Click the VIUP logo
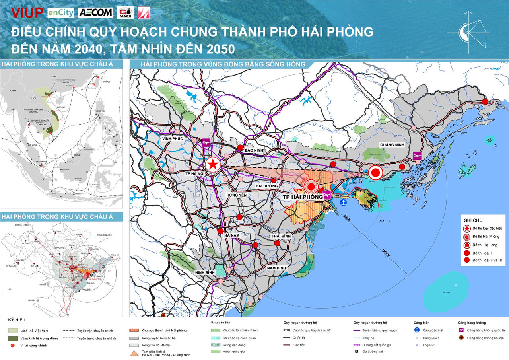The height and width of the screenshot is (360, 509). pos(27,12)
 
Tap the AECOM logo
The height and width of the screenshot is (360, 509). pos(95,12)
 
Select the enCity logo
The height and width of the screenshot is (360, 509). pos(60,13)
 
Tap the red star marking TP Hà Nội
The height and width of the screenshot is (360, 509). pos(213,164)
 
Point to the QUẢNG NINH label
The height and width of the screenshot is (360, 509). pos(392,145)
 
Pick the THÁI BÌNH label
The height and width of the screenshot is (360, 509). pos(281,236)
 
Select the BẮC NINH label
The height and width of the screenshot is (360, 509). pos(255,150)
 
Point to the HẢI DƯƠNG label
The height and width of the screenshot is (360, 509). pos(266,186)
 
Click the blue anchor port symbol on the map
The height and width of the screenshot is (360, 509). pos(344,202)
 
